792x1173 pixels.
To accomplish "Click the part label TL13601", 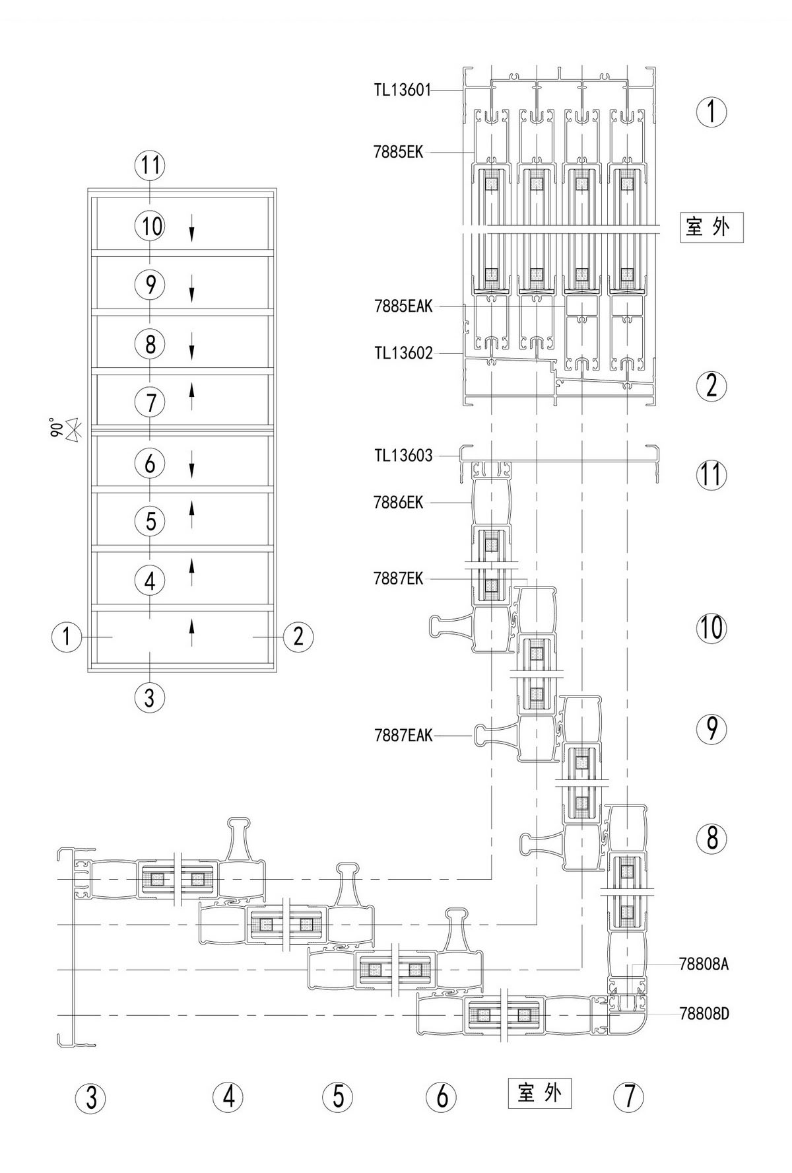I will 402,90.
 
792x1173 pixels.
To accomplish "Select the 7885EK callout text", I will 398,152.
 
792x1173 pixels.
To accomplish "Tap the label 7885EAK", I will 403,306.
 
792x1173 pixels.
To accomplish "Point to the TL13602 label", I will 403,353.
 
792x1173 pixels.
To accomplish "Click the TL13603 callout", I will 403,455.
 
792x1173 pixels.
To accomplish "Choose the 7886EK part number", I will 398,503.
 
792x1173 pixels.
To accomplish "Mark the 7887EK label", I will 398,579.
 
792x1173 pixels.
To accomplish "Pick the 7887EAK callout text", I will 403,735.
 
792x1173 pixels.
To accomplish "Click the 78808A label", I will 704,964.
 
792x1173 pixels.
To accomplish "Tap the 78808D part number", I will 704,1013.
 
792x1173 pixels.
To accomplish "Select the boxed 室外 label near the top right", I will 711,227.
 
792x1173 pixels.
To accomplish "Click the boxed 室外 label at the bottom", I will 539,1093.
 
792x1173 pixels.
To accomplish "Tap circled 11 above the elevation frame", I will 150,165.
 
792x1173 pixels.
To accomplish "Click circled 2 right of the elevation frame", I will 298,637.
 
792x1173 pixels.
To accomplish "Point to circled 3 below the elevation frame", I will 150,696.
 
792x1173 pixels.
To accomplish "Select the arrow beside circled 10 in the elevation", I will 192,228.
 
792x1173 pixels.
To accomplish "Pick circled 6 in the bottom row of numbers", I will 442,1097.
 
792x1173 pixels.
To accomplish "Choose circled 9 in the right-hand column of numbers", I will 711,729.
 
